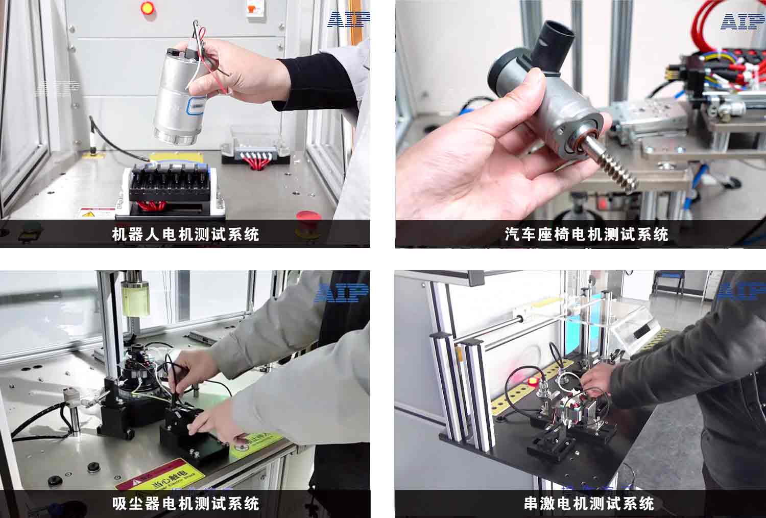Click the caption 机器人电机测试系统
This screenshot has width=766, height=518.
click(x=185, y=234)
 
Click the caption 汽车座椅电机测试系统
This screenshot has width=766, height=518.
click(x=586, y=234)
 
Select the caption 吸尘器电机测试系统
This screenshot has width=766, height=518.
click(x=185, y=504)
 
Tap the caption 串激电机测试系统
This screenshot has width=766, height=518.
click(x=589, y=504)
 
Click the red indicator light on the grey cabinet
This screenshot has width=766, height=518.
click(x=147, y=8)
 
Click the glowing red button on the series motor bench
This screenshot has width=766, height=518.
click(x=532, y=381)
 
